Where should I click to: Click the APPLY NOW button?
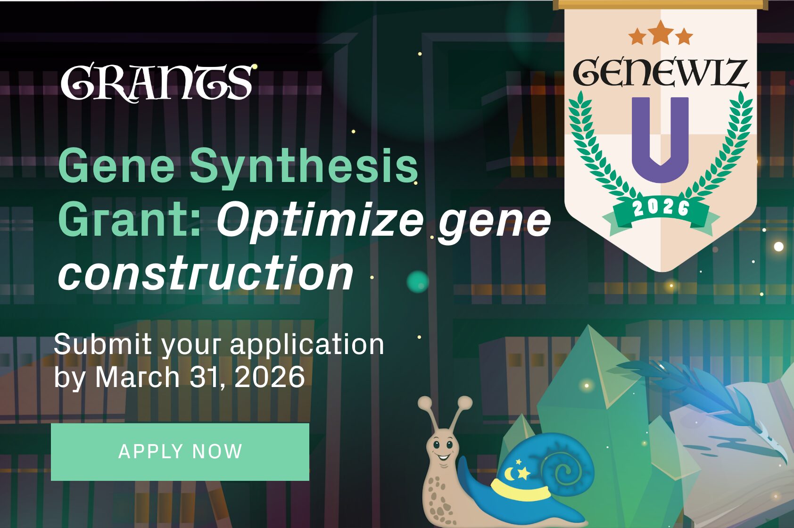(180, 452)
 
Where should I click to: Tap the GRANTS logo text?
(157, 82)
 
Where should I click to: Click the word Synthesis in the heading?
(304, 166)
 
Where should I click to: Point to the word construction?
(206, 274)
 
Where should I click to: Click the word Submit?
(102, 344)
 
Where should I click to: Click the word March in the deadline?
(137, 377)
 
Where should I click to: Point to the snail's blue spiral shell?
(561, 467)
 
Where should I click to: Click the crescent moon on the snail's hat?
(512, 472)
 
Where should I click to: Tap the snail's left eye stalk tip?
(424, 403)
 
